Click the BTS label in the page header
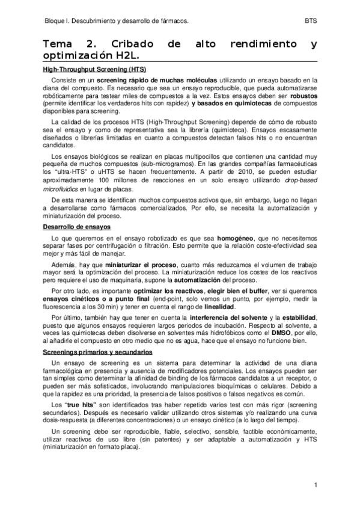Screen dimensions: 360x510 (311, 20)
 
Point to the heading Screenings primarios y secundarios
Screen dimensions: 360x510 (98, 351)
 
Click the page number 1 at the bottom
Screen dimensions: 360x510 (316, 485)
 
